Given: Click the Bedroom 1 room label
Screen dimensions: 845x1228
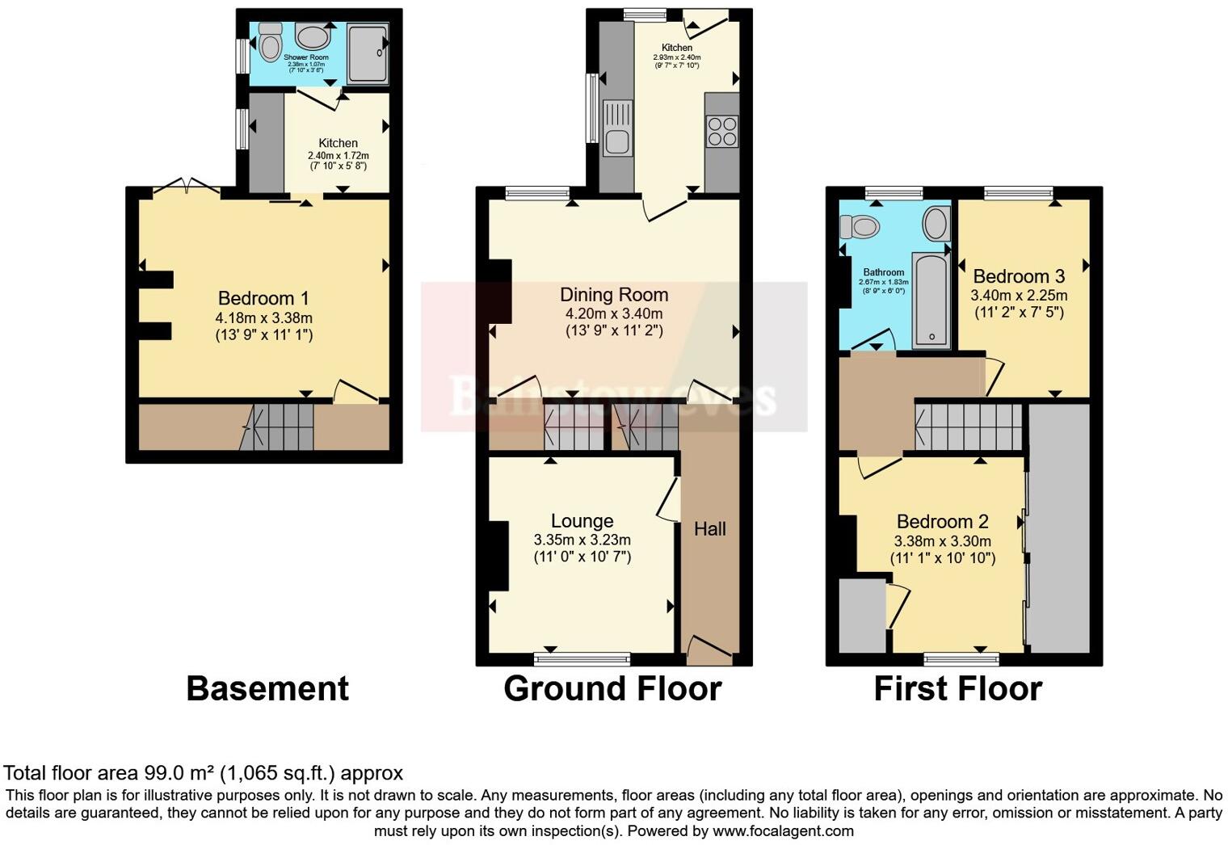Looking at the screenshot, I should click(263, 298).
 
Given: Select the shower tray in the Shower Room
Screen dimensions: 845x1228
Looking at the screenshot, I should click(368, 53).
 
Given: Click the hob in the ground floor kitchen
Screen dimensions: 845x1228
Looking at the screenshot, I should click(722, 132).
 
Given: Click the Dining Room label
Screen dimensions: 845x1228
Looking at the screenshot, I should click(614, 295).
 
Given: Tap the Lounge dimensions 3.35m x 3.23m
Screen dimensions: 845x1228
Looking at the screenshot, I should click(582, 540).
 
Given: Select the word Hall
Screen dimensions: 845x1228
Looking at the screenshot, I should click(709, 529).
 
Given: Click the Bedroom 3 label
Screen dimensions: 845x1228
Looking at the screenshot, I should click(1019, 276).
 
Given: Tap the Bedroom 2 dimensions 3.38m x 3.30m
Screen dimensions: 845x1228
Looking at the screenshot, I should click(942, 541).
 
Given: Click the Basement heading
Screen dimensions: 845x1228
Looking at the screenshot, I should click(267, 689).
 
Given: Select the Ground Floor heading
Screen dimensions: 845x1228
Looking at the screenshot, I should click(612, 689).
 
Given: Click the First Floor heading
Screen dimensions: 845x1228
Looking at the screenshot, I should click(958, 689).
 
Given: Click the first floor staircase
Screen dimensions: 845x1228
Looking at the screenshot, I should click(969, 427).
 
